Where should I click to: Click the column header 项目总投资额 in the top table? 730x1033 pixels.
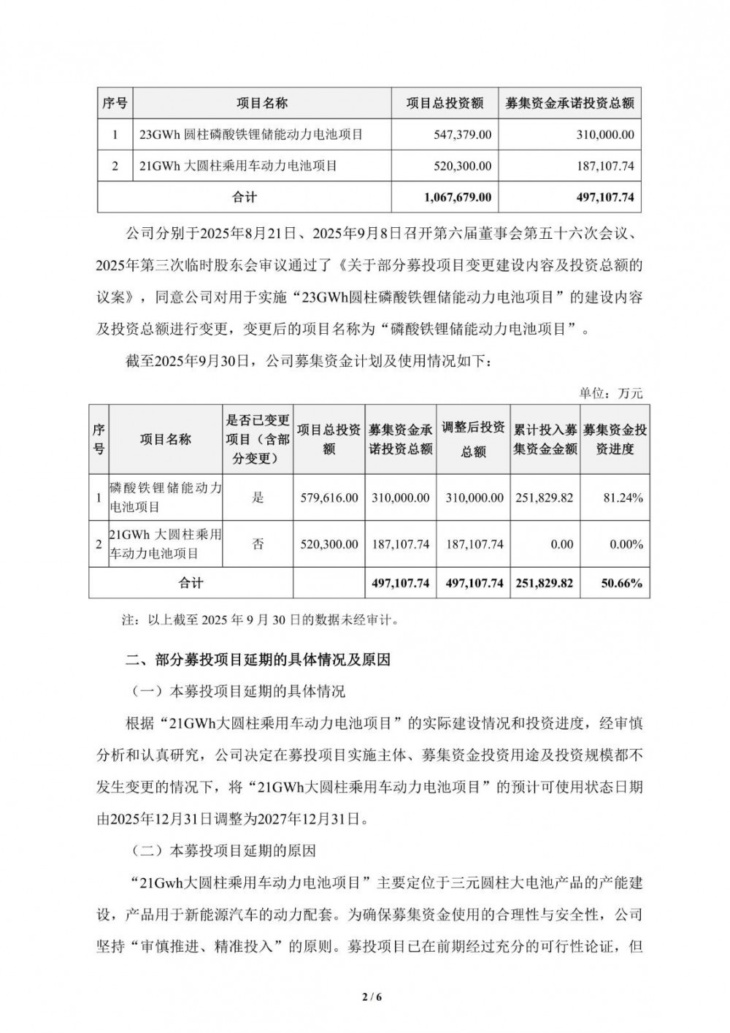[x=445, y=104]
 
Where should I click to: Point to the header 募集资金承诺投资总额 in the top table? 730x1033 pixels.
[x=570, y=104]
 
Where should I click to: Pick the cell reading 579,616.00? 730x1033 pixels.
[x=329, y=498]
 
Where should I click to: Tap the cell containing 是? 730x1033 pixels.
[x=258, y=498]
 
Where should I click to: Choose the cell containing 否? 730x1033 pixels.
[x=258, y=544]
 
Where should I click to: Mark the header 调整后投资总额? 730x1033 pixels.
[x=473, y=440]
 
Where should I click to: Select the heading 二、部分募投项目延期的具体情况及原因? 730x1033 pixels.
[x=259, y=660]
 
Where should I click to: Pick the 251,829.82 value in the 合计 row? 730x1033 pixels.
[x=544, y=583]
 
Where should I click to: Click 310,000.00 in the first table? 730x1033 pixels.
[x=602, y=135]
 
